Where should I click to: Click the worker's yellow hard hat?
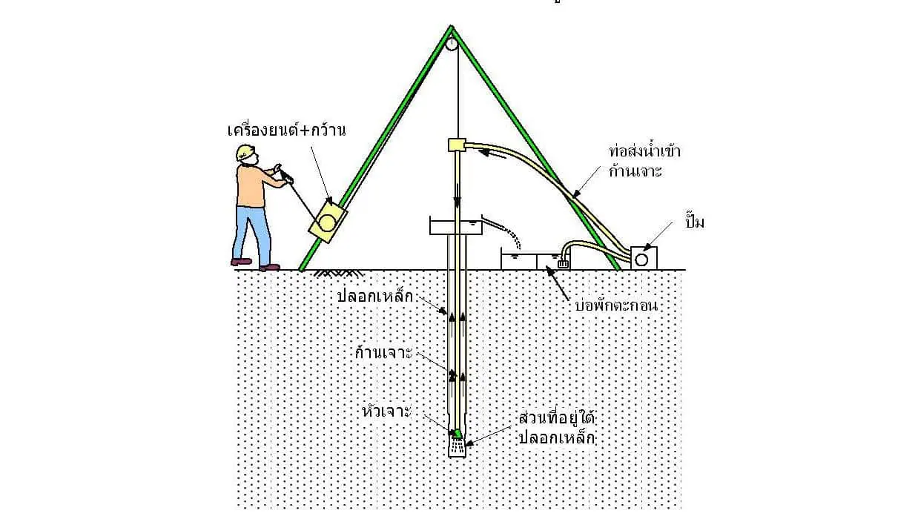coord(245,151)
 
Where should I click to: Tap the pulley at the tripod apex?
coord(452,44)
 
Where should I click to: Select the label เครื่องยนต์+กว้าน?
coord(287,130)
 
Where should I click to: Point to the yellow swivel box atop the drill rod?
coord(455,145)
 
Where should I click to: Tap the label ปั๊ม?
coord(695,222)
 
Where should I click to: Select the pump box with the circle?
coord(644,257)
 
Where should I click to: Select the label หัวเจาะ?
coord(386,411)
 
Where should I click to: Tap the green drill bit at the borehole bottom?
coord(457,433)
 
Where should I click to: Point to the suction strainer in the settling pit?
coord(564,262)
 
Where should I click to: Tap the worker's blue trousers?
coord(251,231)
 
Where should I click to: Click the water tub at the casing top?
coord(455,225)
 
